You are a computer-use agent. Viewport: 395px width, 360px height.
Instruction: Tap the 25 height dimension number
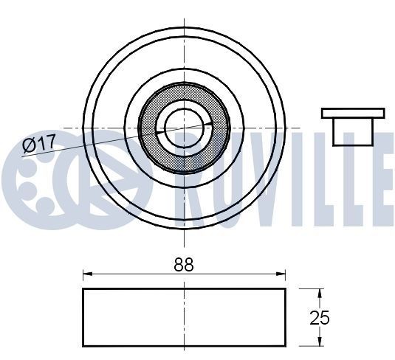coord(320,318)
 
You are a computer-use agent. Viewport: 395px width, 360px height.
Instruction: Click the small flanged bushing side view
coord(353,125)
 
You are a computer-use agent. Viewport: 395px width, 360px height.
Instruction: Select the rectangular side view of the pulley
coord(184,317)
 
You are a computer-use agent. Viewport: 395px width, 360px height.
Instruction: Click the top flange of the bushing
coord(353,113)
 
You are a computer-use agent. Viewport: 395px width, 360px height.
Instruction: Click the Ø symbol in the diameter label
coord(27,145)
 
